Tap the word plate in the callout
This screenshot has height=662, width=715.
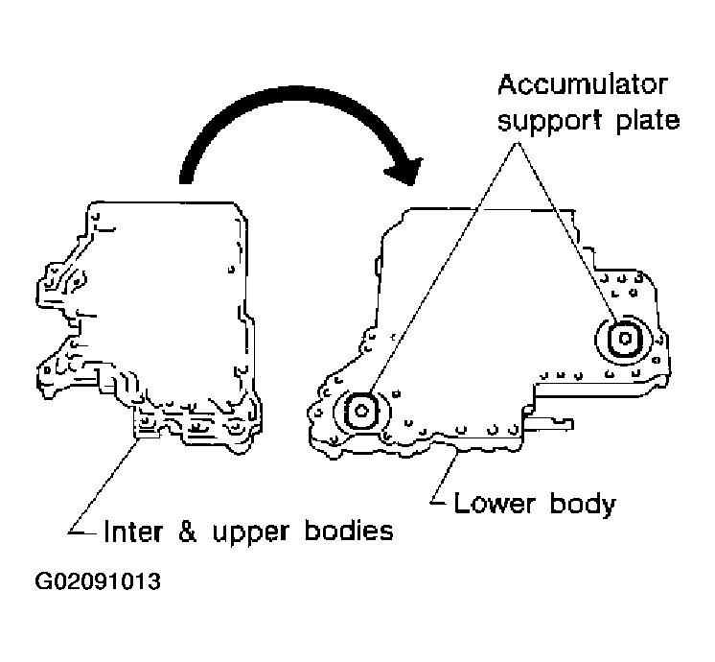pos(648,122)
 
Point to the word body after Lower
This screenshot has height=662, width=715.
pos(578,504)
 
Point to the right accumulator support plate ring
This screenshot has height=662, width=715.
pos(620,337)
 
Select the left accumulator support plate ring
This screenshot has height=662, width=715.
pos(361,411)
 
